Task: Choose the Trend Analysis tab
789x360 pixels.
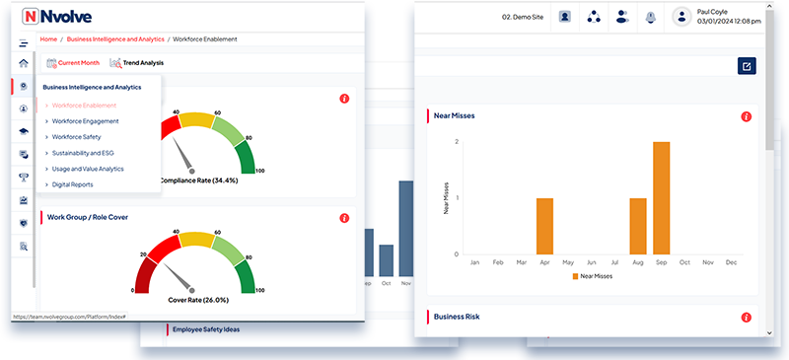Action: click(137, 63)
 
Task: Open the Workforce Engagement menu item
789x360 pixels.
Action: click(85, 120)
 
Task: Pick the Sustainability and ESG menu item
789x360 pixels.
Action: click(89, 153)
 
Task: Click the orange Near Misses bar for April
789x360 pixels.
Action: click(544, 226)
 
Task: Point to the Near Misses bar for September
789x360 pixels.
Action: click(661, 198)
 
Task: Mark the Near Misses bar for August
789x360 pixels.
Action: click(638, 226)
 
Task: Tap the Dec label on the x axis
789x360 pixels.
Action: click(731, 262)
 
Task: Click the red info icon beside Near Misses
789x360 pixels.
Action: click(747, 116)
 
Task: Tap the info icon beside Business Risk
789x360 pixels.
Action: click(747, 318)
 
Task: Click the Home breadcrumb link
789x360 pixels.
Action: click(47, 38)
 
